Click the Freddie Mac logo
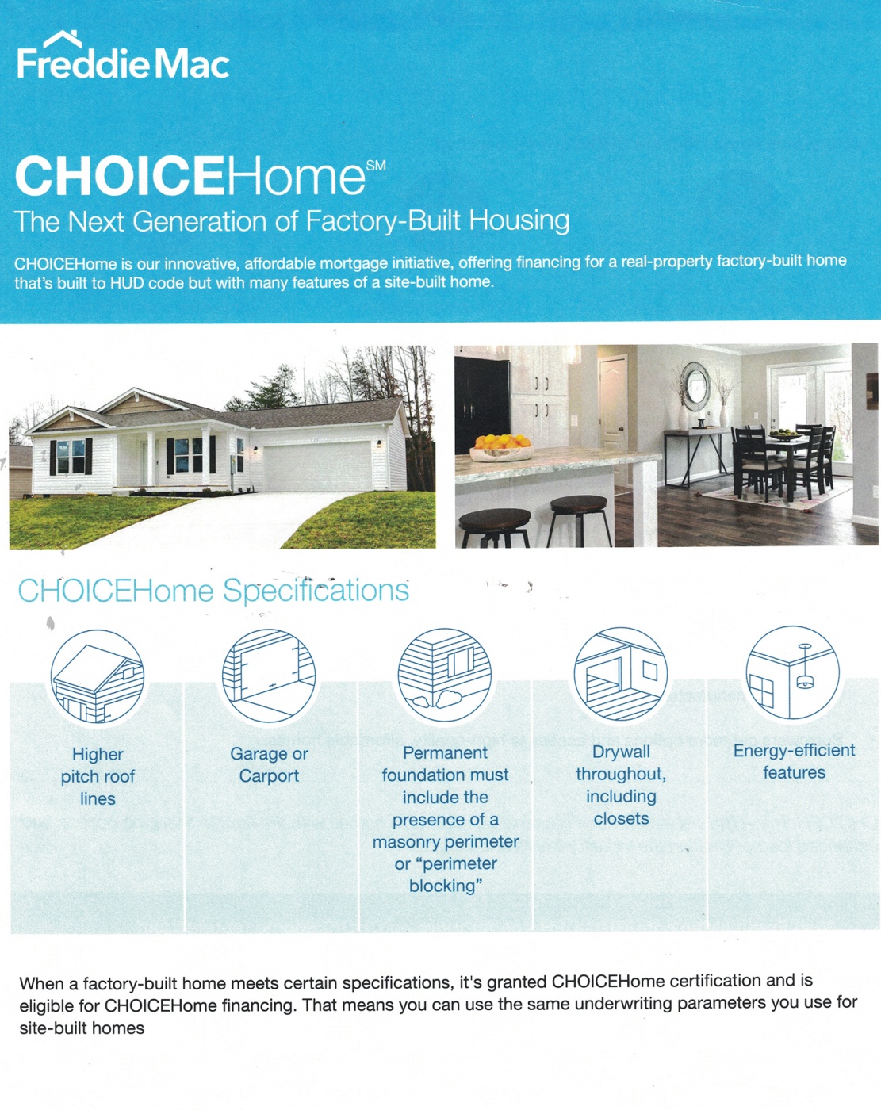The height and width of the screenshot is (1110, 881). click(x=123, y=55)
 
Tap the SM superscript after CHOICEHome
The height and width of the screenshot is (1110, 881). click(x=376, y=166)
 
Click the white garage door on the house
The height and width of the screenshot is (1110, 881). click(x=317, y=466)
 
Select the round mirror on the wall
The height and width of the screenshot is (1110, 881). click(x=695, y=386)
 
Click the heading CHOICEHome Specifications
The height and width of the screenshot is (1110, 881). click(x=213, y=591)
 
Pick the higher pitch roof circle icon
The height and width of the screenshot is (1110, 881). click(x=98, y=676)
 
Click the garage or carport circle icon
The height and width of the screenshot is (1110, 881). click(x=269, y=676)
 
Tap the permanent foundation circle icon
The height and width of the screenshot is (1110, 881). click(x=445, y=675)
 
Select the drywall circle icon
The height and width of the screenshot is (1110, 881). click(x=621, y=674)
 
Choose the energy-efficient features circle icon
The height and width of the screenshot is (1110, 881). click(x=793, y=672)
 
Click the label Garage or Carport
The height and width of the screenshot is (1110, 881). click(x=269, y=765)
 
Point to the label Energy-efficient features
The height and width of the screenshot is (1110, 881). click(x=795, y=762)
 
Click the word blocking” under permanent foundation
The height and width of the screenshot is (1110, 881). click(x=446, y=886)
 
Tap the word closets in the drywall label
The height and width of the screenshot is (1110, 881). click(x=621, y=819)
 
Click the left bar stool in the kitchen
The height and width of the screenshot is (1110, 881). click(x=494, y=526)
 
